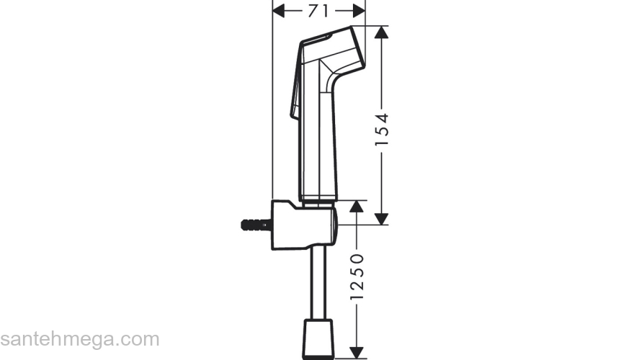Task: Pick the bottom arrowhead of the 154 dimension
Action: [382, 218]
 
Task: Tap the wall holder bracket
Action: [299, 225]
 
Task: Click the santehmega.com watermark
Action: [79, 339]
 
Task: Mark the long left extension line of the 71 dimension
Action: [272, 108]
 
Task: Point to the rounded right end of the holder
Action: [334, 225]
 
